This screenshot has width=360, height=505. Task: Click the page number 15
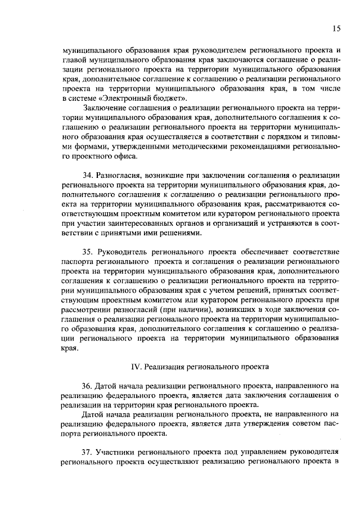pyautogui.click(x=336, y=28)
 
